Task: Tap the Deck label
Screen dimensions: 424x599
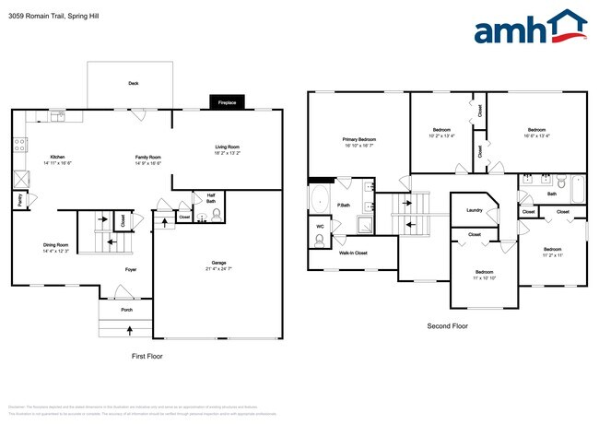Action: pos(133,83)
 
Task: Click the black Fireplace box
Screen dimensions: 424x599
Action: pos(227,103)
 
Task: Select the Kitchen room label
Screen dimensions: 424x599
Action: pos(57,159)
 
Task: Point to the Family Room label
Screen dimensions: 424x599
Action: pos(148,159)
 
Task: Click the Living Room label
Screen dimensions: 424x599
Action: pos(227,149)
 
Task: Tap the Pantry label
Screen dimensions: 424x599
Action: pos(19,197)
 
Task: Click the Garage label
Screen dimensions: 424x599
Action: pos(217,265)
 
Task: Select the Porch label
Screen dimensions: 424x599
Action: pos(126,310)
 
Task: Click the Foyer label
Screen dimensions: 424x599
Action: pos(131,269)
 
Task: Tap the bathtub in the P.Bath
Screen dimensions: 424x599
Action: pos(320,199)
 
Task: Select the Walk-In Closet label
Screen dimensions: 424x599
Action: pos(354,252)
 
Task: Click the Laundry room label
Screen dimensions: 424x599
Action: pos(475,210)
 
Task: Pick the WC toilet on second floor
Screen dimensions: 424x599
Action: pos(320,240)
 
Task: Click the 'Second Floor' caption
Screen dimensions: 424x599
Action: pos(447,326)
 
